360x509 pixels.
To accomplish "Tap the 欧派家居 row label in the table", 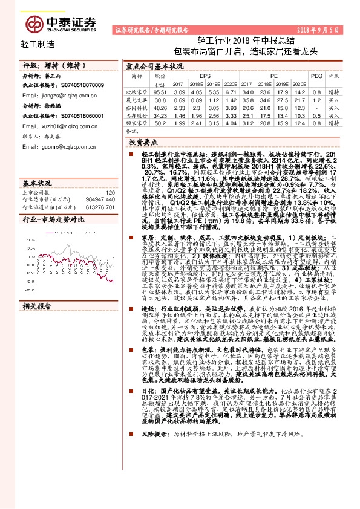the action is click(137, 90).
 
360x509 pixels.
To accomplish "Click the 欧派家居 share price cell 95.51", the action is click(160, 90).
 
